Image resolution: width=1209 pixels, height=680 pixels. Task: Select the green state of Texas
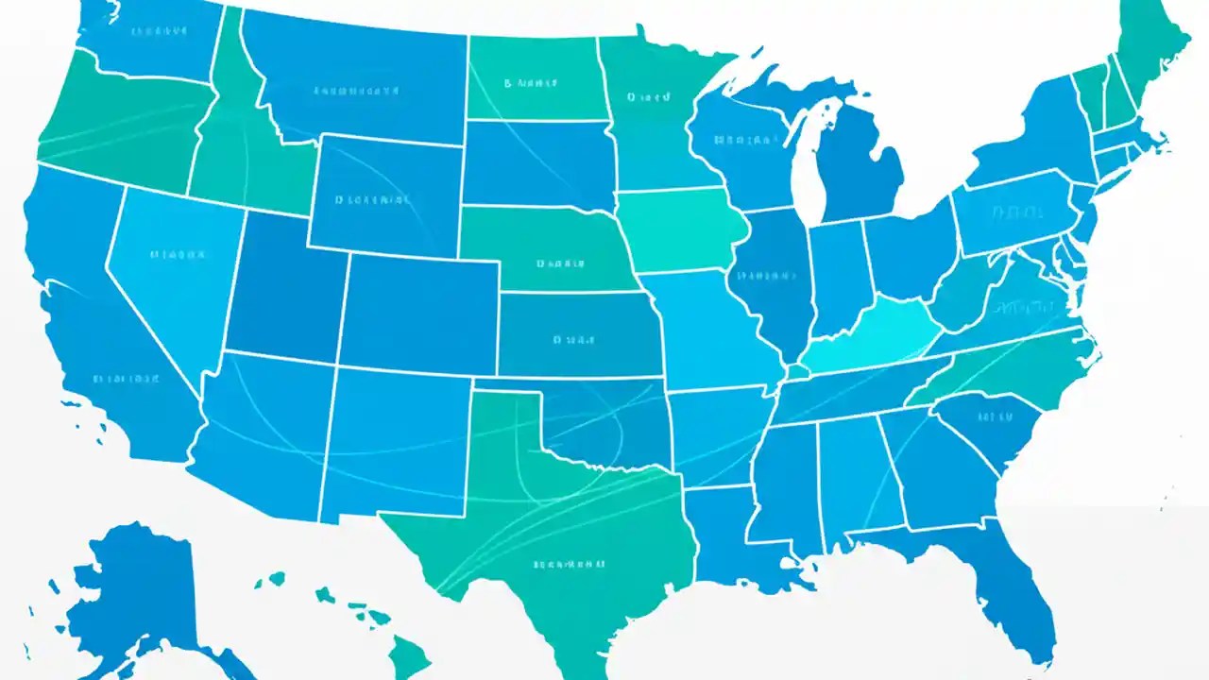point(548,529)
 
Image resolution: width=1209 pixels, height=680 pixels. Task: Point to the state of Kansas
point(576,335)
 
